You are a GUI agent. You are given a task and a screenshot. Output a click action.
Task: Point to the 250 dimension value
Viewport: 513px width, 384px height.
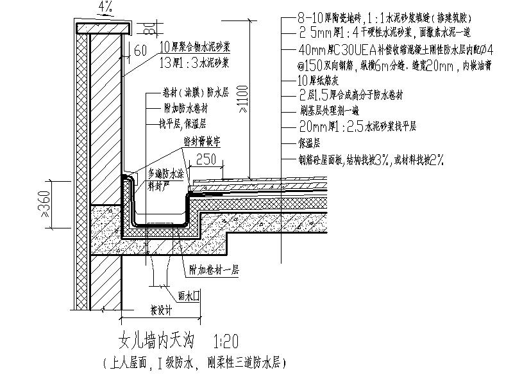(206, 158)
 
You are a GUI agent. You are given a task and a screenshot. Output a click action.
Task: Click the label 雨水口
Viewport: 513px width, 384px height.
(192, 296)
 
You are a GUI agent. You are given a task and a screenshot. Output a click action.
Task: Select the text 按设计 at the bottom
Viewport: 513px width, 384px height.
(162, 311)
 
